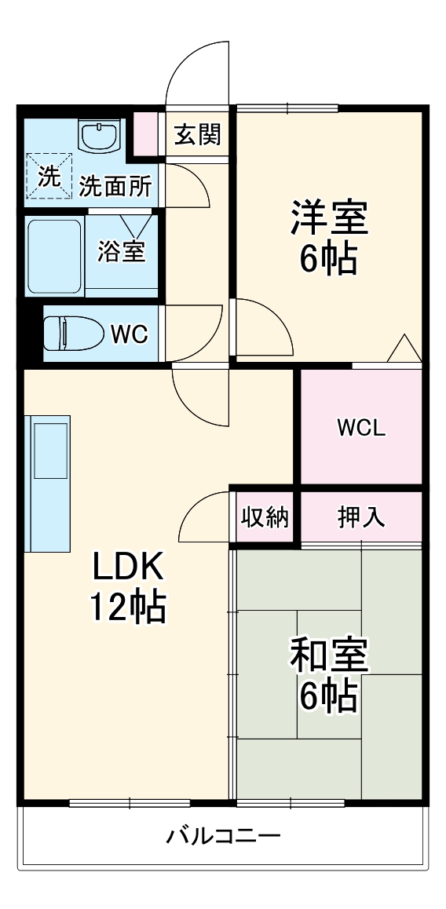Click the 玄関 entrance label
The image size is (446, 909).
[197, 135]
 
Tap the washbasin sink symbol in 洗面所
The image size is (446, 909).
[99, 136]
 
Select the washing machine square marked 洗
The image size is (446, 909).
[48, 177]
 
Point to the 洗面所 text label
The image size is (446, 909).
[115, 187]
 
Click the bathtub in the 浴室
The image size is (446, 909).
[55, 257]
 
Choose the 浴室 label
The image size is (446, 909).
[121, 253]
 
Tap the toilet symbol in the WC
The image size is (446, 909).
[73, 334]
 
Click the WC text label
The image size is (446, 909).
[128, 334]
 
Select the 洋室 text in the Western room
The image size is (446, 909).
[329, 218]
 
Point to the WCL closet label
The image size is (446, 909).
[360, 428]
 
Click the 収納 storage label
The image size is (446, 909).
[265, 517]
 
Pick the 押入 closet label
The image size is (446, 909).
[360, 517]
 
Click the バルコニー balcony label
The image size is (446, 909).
[223, 835]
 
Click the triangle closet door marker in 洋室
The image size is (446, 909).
[405, 349]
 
